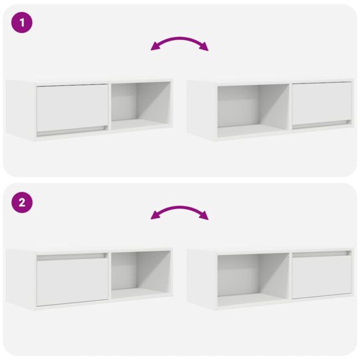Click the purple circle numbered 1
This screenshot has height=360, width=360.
22,24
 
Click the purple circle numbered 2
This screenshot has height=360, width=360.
22,203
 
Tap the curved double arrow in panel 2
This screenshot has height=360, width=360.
180,212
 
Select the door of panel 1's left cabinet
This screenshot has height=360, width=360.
72,107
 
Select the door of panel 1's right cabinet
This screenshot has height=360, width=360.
321,103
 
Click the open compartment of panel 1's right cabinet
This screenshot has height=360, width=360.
252,108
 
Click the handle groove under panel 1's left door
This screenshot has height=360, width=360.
73,130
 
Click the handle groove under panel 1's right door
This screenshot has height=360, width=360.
321,123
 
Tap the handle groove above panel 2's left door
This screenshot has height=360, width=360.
73,257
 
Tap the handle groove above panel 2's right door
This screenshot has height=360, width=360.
321,254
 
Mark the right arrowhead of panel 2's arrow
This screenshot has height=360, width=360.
205,217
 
